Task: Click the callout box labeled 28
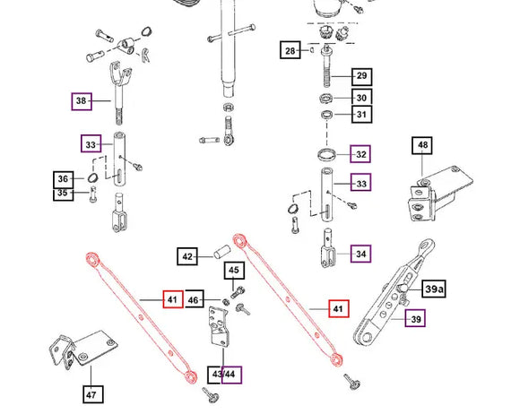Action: coord(290,50)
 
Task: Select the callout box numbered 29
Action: coord(362,76)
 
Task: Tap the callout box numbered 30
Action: coord(362,98)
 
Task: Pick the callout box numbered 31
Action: coord(362,115)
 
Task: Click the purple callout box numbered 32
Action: coord(360,154)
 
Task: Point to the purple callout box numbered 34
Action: coord(360,254)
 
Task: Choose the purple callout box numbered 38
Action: coord(82,101)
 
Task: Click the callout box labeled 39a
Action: coord(434,289)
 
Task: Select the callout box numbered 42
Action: coord(187,256)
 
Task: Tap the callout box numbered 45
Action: coord(234,271)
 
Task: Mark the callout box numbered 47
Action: coord(93,394)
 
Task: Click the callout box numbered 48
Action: coord(422,145)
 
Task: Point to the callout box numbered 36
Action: coord(64,179)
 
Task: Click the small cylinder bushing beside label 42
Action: coord(221,252)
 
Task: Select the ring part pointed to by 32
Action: coord(326,154)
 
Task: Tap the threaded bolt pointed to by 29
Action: coord(327,67)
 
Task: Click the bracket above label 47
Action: coord(82,349)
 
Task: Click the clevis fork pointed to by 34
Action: coord(328,248)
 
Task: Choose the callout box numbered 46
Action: coord(195,299)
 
